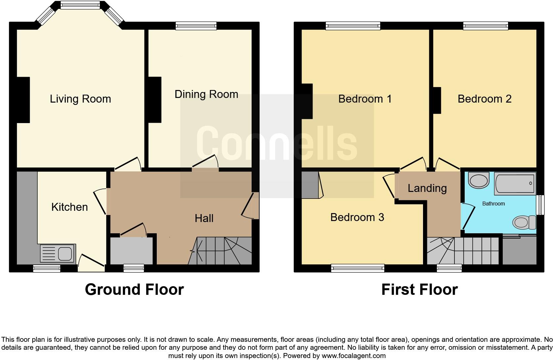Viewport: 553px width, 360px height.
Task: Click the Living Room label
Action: click(80, 99)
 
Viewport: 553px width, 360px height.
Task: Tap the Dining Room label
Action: click(206, 94)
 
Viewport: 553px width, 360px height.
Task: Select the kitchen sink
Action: click(58, 254)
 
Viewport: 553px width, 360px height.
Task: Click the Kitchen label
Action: click(69, 207)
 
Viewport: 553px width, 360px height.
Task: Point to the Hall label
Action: click(204, 218)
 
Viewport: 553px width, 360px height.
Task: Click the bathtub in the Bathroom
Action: click(515, 183)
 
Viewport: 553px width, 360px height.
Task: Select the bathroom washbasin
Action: click(479, 180)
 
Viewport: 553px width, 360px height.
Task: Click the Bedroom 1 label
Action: click(365, 99)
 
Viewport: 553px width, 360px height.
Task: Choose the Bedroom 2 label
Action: click(484, 99)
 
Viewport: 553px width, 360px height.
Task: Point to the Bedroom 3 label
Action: click(357, 217)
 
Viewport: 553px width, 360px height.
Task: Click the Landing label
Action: click(427, 188)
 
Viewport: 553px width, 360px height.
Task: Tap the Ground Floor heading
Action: click(134, 290)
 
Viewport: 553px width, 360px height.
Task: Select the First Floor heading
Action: click(419, 290)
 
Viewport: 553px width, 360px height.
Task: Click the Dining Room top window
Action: click(196, 26)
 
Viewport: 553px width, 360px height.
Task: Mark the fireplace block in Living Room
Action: click(23, 100)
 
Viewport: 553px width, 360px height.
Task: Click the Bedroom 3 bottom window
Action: click(358, 268)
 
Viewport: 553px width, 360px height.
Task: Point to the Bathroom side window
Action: click(540, 205)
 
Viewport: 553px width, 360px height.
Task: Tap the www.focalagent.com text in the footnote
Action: click(354, 356)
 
